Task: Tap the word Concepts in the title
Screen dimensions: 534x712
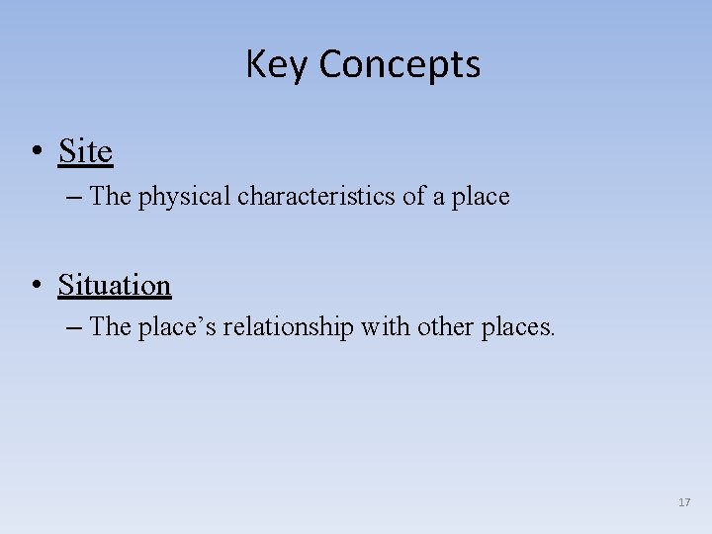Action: [400, 65]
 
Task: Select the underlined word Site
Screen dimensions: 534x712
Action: [85, 151]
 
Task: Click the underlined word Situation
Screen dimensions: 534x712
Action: [115, 285]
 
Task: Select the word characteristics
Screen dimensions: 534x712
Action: [316, 196]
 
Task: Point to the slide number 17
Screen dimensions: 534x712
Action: [684, 503]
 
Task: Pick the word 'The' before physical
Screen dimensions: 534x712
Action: [110, 196]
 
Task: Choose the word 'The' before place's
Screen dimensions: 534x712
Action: [110, 326]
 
